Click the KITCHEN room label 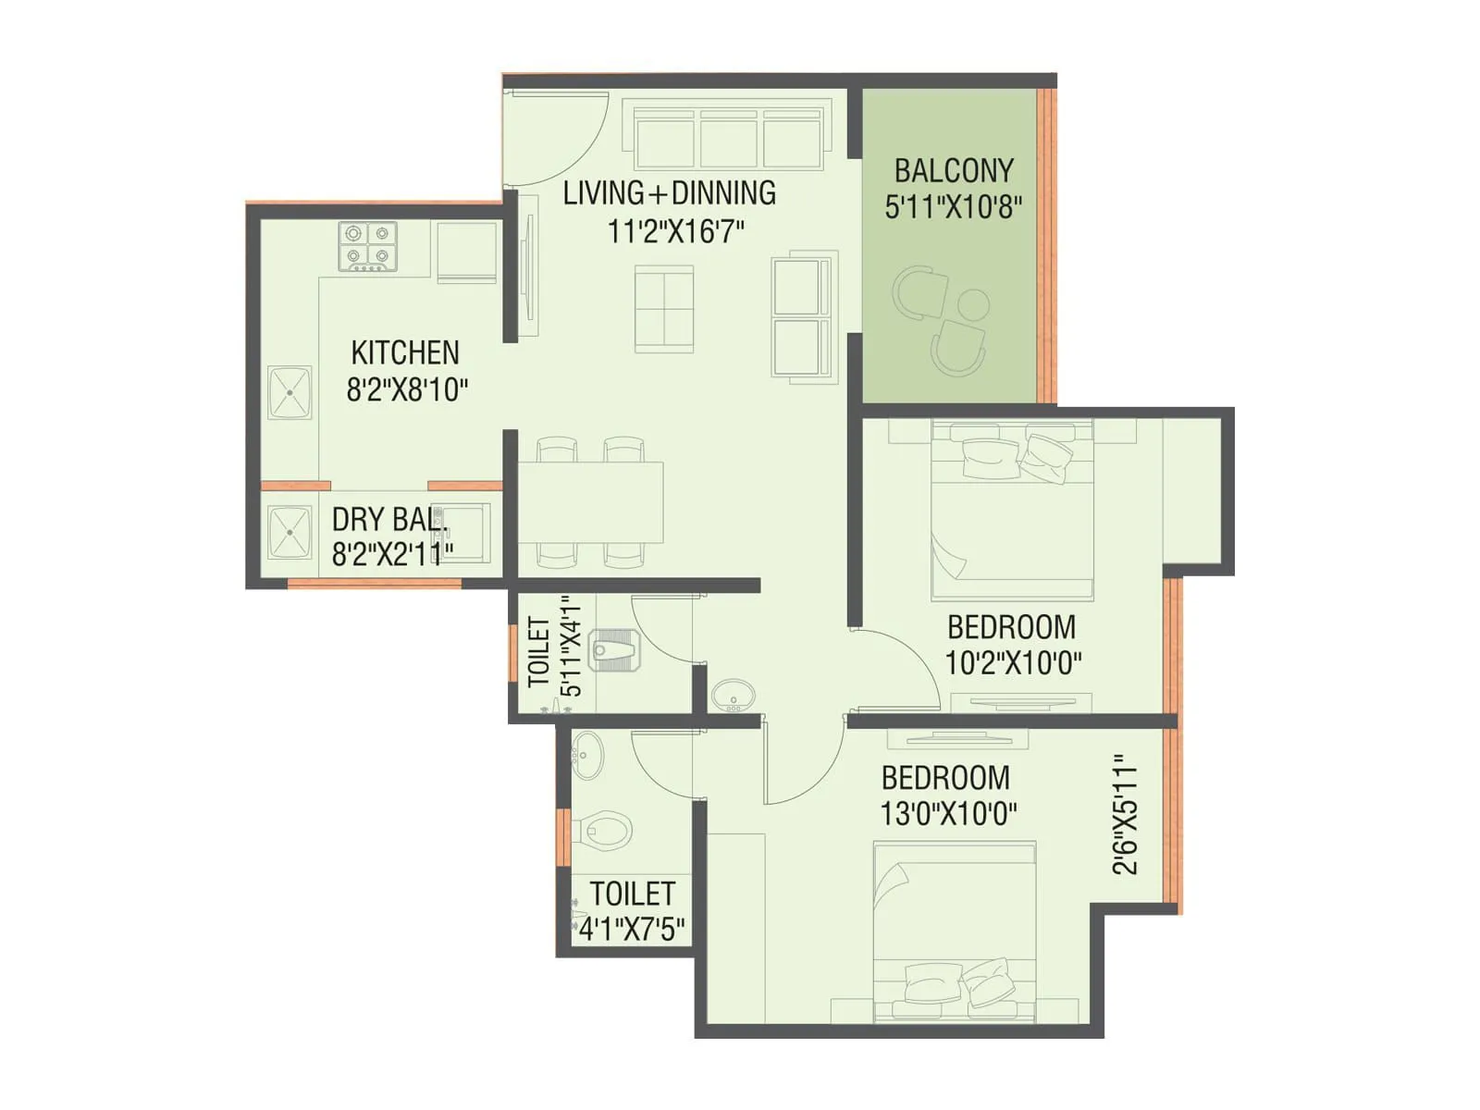(404, 352)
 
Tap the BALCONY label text (953, 171)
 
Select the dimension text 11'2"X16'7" (675, 230)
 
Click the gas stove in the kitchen (367, 245)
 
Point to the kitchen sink (290, 393)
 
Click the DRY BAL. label (388, 519)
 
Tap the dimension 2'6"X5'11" (1125, 815)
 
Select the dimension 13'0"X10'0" (948, 814)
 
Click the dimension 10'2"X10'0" (1013, 662)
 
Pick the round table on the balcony (973, 303)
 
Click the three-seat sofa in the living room (728, 137)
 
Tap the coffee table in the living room (663, 308)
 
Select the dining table (590, 501)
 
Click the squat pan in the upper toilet (614, 651)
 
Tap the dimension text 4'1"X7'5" (632, 928)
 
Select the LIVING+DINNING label (669, 193)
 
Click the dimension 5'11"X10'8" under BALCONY (953, 206)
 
